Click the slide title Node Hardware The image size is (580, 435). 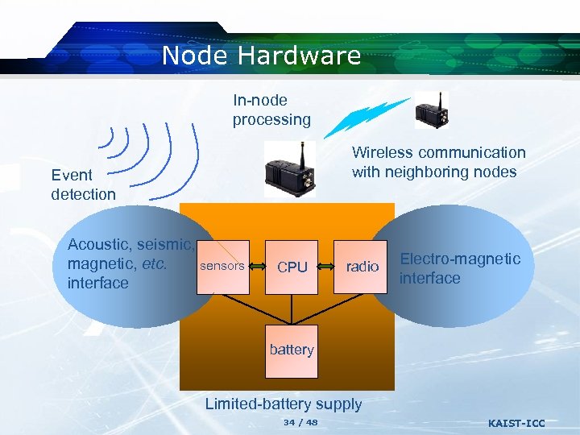tap(261, 56)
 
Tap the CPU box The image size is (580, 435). tap(292, 267)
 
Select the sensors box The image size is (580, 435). tap(222, 266)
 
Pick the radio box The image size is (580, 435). tap(362, 267)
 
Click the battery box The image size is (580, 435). tap(292, 350)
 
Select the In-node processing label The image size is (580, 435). tap(271, 110)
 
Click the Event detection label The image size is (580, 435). tap(83, 184)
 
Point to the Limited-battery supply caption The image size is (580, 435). tap(284, 404)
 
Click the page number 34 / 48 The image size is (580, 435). tap(300, 423)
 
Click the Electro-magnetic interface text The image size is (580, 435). tap(460, 268)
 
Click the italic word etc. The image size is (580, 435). tap(152, 263)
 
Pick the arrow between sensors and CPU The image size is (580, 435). tap(258, 266)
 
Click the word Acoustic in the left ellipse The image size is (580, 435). tap(100, 244)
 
